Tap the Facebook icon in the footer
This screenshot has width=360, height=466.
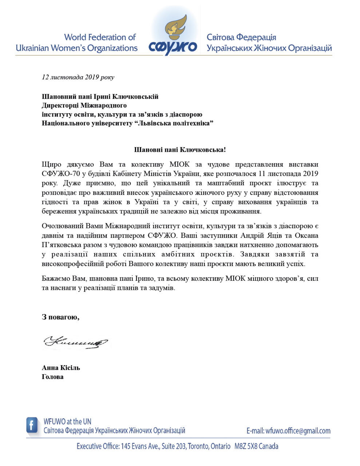[x=32, y=425]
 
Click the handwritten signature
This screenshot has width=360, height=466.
[x=76, y=342]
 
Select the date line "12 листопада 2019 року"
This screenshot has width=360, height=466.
[x=78, y=77]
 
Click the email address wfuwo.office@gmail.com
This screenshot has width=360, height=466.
[x=298, y=431]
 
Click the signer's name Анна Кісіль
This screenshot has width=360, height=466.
[x=61, y=368]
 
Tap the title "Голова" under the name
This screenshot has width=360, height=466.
[x=53, y=377]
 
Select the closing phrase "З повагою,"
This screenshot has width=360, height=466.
[x=60, y=317]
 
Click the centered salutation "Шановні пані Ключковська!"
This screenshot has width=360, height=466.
[x=180, y=150]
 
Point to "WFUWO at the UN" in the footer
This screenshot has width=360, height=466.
[x=67, y=422]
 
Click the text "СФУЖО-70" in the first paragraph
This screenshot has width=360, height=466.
[x=59, y=174]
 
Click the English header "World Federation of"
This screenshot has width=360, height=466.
[x=100, y=37]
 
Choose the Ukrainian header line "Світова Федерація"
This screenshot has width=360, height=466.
[x=241, y=37]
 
